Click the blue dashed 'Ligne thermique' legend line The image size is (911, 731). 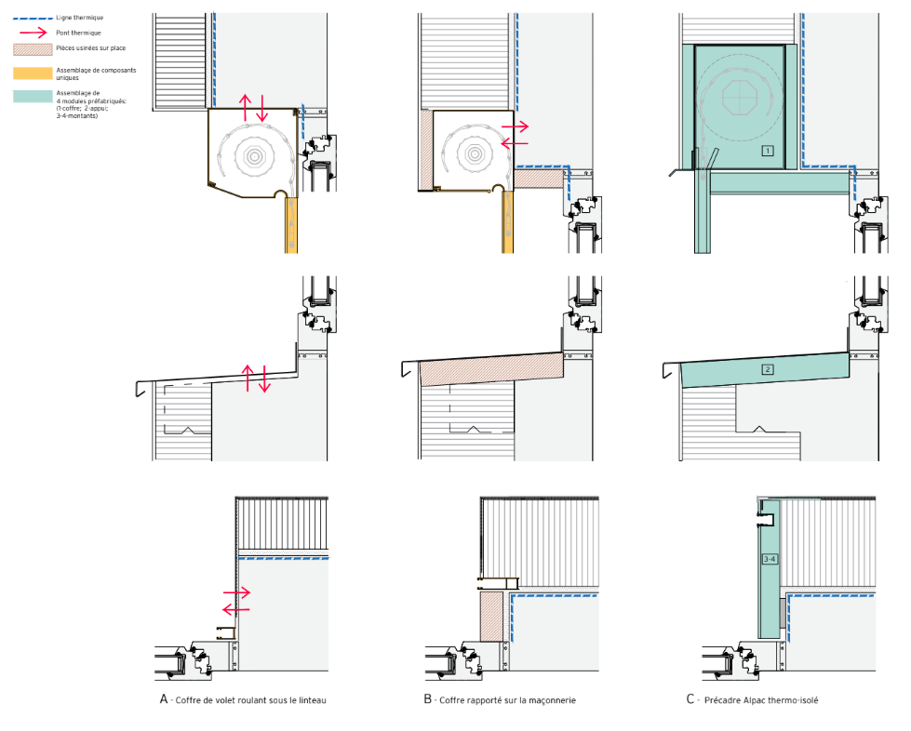pos(33,18)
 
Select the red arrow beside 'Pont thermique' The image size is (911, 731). pos(33,33)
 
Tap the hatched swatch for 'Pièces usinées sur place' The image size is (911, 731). pos(33,49)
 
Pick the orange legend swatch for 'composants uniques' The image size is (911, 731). pos(33,73)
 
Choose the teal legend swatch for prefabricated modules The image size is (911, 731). pos(33,97)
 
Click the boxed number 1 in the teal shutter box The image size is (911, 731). pos(768,151)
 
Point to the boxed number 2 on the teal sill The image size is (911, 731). pos(768,369)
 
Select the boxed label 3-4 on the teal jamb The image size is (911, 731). pos(770,559)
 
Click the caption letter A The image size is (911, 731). pos(164,699)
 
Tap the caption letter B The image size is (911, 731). pos(428,699)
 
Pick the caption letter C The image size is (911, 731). pos(690,699)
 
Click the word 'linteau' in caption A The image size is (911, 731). pos(313,700)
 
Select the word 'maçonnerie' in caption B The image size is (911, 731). pos(552,700)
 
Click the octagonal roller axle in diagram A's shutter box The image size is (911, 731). pos(254,155)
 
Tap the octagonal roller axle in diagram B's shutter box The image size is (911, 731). pos(475,153)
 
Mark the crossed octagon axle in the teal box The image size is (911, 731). pos(740,97)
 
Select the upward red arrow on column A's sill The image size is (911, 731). pos(248,378)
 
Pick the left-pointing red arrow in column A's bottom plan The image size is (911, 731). pos(236,610)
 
